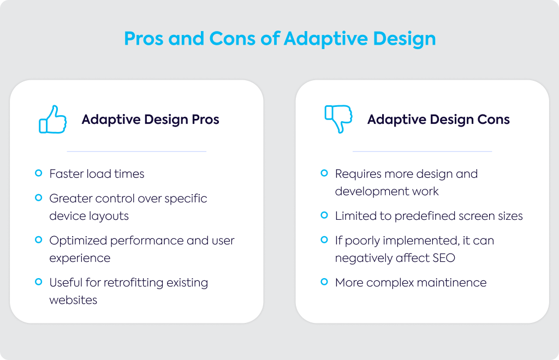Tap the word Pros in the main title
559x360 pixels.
tap(144, 39)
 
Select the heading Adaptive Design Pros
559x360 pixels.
tap(151, 119)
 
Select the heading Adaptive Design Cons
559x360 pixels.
tap(438, 119)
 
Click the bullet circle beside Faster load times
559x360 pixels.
tap(39, 173)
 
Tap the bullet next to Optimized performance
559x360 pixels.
tap(39, 239)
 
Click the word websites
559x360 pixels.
tap(73, 300)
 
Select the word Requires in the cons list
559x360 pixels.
tap(358, 174)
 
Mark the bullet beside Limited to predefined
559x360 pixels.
tap(324, 215)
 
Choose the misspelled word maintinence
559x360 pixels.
tap(451, 283)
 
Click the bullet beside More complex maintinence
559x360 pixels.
tap(324, 281)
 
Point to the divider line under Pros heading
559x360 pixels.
tap(136, 151)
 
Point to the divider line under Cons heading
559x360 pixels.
tap(422, 151)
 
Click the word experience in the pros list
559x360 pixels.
tap(80, 259)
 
